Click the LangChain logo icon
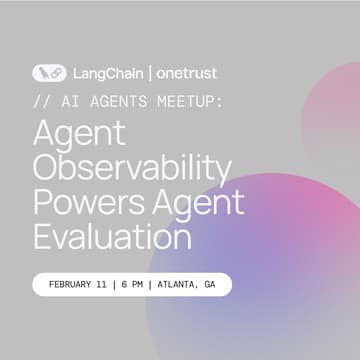(x=49, y=73)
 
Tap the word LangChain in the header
(x=98, y=73)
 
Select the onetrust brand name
(x=183, y=73)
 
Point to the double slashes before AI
(x=40, y=103)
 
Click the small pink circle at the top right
(x=335, y=100)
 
